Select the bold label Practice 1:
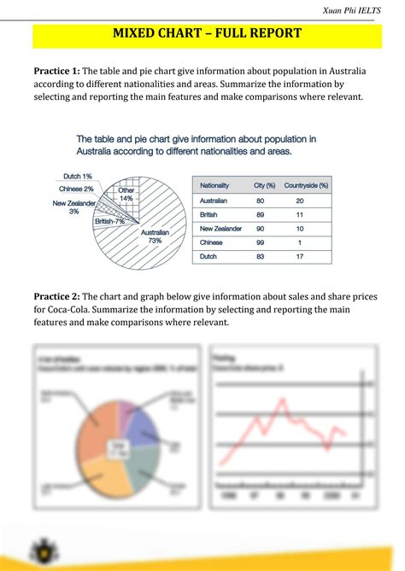pyautogui.click(x=56, y=70)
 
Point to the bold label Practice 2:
pyautogui.click(x=56, y=296)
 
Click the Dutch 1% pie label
pyautogui.click(x=77, y=177)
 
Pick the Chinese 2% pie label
pyautogui.click(x=76, y=189)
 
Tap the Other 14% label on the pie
pyautogui.click(x=126, y=194)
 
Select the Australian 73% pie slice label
pyautogui.click(x=155, y=236)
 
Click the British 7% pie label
pyautogui.click(x=110, y=221)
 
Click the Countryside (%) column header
pyautogui.click(x=305, y=185)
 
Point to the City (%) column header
pyautogui.click(x=264, y=185)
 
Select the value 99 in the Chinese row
pyautogui.click(x=260, y=242)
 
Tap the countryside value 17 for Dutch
pyautogui.click(x=299, y=256)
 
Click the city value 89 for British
pyautogui.click(x=260, y=214)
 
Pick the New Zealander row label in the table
pyautogui.click(x=221, y=229)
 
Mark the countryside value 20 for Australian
pyautogui.click(x=299, y=201)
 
